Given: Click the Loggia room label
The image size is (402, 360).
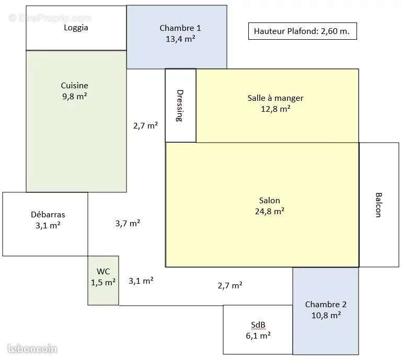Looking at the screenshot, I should pyautogui.click(x=76, y=28).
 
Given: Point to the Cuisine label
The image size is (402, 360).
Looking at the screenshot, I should pyautogui.click(x=75, y=86).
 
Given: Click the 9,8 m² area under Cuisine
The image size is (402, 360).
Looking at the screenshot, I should pyautogui.click(x=75, y=96).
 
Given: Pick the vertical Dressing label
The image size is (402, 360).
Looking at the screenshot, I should pyautogui.click(x=180, y=106).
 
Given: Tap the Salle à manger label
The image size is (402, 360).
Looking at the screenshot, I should pyautogui.click(x=275, y=98).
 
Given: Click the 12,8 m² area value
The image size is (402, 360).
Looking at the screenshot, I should pyautogui.click(x=275, y=109).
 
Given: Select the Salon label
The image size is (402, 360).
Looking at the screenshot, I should pyautogui.click(x=269, y=200).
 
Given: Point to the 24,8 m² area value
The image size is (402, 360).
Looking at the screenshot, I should pyautogui.click(x=269, y=211).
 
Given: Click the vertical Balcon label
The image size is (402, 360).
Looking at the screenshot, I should pyautogui.click(x=378, y=205).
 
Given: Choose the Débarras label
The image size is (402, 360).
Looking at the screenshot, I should pyautogui.click(x=48, y=214).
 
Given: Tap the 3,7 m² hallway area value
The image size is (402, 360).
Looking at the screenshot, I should pyautogui.click(x=128, y=223).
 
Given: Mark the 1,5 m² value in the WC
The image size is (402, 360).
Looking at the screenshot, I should pyautogui.click(x=103, y=282).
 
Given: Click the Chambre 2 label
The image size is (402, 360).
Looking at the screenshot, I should pyautogui.click(x=326, y=304).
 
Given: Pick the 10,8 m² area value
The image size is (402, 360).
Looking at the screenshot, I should pyautogui.click(x=326, y=315).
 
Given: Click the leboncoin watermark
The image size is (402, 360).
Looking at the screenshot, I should pyautogui.click(x=32, y=349).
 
